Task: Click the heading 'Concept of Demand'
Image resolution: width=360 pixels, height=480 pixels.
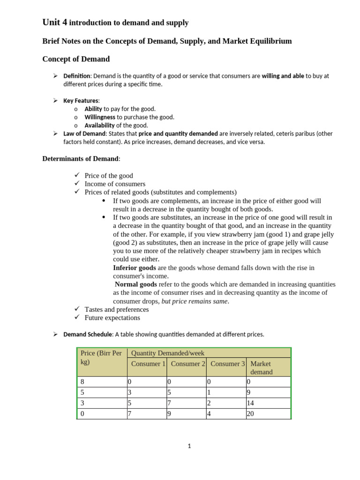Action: coord(76,59)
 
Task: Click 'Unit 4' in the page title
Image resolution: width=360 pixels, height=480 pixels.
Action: coord(55,22)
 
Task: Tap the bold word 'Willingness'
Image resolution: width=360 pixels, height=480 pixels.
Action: coord(100,117)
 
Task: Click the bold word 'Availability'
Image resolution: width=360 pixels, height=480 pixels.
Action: coord(99,125)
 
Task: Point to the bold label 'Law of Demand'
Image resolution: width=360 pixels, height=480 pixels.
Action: coord(84,134)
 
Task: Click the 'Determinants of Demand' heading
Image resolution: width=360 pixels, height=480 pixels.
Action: coord(81,158)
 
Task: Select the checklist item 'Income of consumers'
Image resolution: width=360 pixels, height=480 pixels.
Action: coord(115,184)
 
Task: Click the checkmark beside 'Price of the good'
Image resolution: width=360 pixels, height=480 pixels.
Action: coord(77,175)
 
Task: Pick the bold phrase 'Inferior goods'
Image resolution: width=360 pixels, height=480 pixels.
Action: coord(135,268)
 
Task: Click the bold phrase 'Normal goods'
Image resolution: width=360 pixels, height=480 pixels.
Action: coord(136,284)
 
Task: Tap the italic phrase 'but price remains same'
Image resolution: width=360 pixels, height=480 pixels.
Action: coord(195,301)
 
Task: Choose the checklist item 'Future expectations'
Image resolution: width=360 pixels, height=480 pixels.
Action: coord(112,317)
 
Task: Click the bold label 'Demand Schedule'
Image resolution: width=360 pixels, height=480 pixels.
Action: coord(88,334)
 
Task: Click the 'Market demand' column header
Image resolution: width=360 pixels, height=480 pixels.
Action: coord(261,367)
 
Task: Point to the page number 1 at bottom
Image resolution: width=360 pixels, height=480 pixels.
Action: coord(189,446)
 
